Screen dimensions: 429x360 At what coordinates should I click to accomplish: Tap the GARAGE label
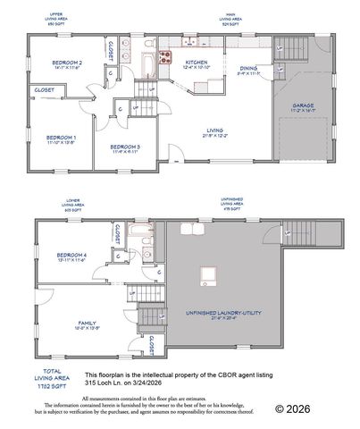(x=304, y=105)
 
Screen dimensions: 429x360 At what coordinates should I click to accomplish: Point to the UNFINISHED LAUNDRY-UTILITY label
(x=216, y=312)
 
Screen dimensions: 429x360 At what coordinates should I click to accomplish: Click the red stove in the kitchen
(x=165, y=57)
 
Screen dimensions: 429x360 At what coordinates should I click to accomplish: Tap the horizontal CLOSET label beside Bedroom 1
(x=43, y=90)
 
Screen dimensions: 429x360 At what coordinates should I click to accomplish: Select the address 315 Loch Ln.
(x=105, y=383)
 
